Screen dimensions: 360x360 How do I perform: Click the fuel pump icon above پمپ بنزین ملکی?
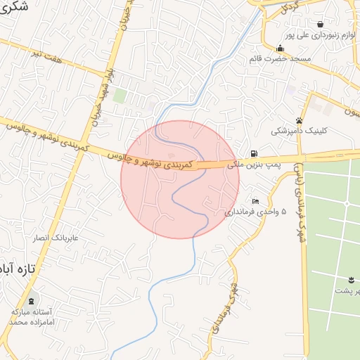click(x=253, y=154)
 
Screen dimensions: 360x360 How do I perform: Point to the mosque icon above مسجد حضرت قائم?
click(x=281, y=49)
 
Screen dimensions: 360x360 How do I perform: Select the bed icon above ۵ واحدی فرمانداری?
click(x=255, y=201)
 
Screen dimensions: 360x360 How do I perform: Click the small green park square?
click(x=120, y=95)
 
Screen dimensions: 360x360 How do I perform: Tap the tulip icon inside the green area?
click(x=351, y=279)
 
